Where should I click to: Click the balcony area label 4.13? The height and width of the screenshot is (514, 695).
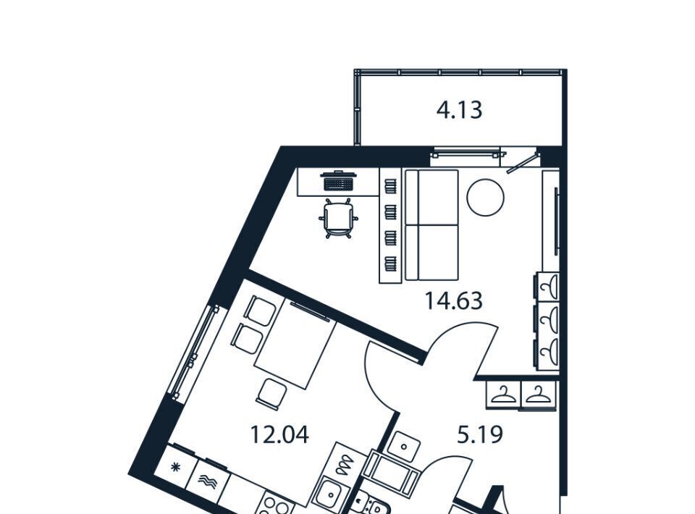(459, 110)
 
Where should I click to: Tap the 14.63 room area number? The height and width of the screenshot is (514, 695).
(453, 301)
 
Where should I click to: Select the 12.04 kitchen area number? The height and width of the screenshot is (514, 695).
(279, 434)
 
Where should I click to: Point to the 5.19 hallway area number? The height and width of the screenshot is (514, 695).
(480, 434)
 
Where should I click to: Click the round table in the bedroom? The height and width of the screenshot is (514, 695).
(485, 198)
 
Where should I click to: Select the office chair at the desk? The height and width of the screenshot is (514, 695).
(339, 219)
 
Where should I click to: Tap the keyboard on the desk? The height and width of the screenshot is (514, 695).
(339, 183)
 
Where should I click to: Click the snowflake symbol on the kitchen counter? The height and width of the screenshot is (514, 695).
(177, 466)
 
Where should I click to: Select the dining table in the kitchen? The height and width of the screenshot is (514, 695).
(295, 345)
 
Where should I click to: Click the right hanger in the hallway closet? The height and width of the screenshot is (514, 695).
(538, 394)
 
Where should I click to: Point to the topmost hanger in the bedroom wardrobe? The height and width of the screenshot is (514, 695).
(548, 286)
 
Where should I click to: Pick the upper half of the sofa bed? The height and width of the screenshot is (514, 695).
(431, 197)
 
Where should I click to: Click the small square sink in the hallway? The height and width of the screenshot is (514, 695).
(404, 446)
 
